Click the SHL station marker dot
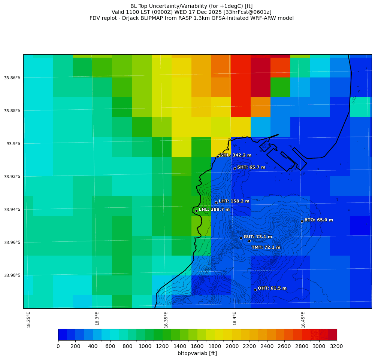click(x=218, y=156)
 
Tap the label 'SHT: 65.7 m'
click(x=251, y=167)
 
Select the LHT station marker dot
click(x=216, y=202)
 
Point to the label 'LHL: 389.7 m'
click(x=214, y=210)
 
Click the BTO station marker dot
click(x=302, y=221)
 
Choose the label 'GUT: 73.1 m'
click(x=258, y=237)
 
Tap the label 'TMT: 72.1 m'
click(x=266, y=247)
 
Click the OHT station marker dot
click(x=255, y=290)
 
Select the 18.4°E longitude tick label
click(x=235, y=320)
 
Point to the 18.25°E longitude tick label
click(x=29, y=320)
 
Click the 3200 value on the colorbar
click(x=336, y=346)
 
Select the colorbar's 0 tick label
click(x=58, y=346)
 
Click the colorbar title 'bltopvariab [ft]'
click(x=197, y=353)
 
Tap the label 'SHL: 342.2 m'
click(x=236, y=155)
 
